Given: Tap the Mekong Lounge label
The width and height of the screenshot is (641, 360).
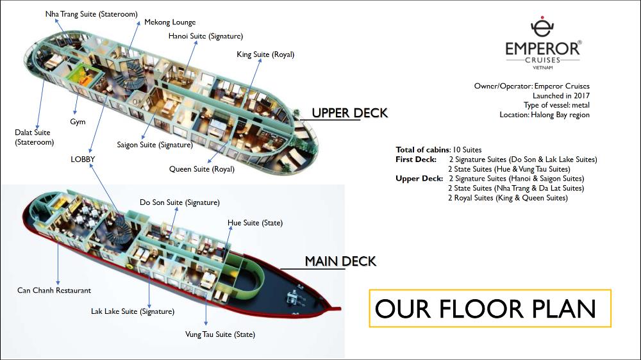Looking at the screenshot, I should click(170, 22).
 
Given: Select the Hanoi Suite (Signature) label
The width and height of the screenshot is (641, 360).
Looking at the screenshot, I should click(205, 37).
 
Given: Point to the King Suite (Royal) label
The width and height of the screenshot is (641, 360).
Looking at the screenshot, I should click(265, 54).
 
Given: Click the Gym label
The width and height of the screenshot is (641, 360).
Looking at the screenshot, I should click(78, 122).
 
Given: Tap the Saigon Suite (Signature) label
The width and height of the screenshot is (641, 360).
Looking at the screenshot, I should click(154, 145).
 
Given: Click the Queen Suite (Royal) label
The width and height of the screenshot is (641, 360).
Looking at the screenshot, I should click(202, 169).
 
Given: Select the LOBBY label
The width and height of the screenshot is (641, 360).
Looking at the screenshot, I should click(83, 158).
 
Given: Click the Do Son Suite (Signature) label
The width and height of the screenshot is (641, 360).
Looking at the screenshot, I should click(179, 202).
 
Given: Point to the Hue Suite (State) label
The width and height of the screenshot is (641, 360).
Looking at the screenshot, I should click(255, 223).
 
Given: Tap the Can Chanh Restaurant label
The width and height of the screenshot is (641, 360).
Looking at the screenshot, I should click(54, 290).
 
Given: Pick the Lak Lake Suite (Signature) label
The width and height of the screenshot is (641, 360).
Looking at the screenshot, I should click(133, 311).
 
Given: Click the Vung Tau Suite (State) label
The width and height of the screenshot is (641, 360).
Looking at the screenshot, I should click(220, 334).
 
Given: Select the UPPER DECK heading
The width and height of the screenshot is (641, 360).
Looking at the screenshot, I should click(349, 113).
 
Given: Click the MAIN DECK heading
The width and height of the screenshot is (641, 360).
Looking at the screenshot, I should click(340, 261).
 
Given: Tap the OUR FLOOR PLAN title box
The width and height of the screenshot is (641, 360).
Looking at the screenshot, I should click(490, 309).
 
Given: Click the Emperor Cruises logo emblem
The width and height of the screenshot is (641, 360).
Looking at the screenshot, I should click(542, 28).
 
